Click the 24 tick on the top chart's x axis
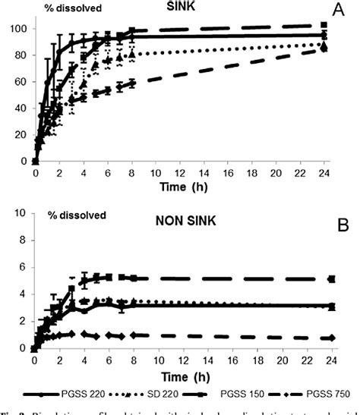coord(324,172)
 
